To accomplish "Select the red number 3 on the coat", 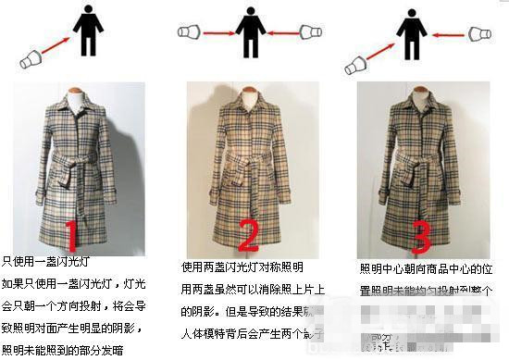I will coord(420,234).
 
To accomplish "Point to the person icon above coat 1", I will coord(88,31).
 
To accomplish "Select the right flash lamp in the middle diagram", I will coord(310,33).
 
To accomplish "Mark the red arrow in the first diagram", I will coord(60,47).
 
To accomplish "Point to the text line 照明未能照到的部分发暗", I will coord(60,351).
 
